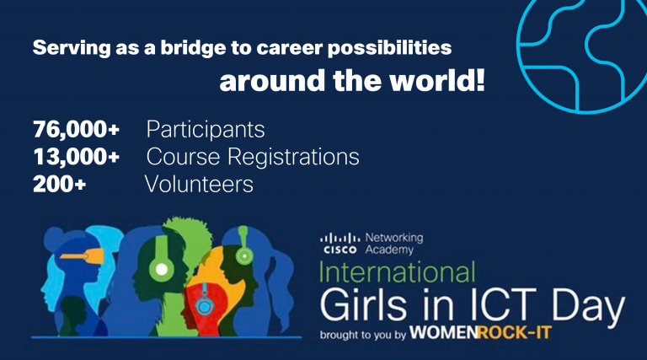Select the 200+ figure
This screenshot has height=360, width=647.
point(59,184)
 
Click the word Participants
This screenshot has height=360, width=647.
point(206,130)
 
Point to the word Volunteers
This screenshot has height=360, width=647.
point(199,184)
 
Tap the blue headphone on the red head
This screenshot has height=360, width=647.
point(204,305)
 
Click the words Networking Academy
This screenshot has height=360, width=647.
point(394,244)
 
